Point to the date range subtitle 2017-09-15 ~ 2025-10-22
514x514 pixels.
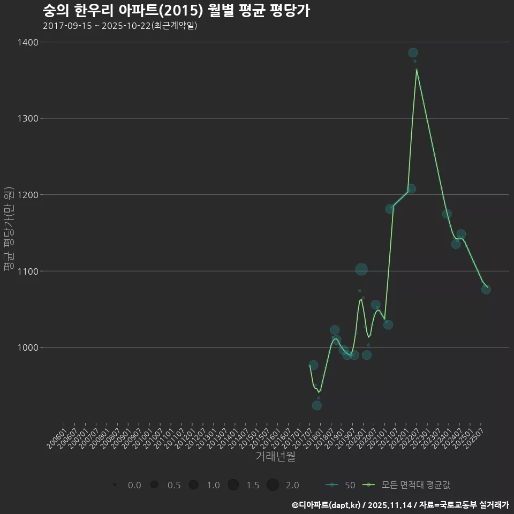(120, 26)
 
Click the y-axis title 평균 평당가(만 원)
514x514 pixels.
(9, 229)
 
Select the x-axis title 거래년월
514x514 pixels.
(275, 457)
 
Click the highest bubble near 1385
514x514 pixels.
(413, 52)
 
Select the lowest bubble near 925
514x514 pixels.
(317, 405)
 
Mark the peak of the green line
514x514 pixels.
(417, 69)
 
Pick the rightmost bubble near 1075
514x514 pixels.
(486, 289)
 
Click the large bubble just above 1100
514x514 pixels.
(361, 269)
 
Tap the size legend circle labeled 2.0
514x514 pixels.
(273, 485)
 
